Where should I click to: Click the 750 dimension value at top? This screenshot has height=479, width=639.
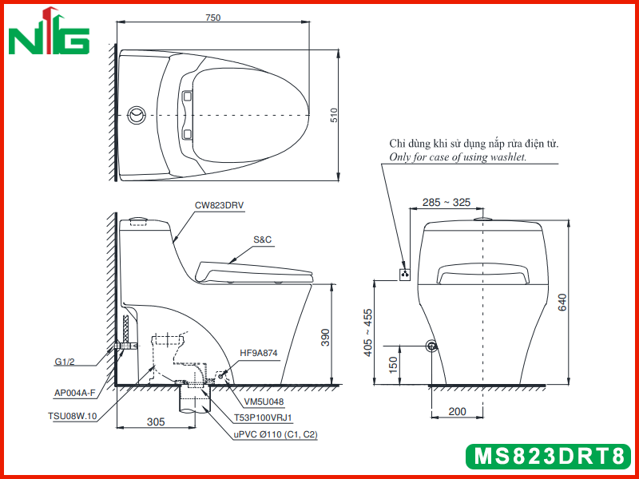[x=213, y=18]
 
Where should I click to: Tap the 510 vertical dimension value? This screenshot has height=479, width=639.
[x=334, y=115]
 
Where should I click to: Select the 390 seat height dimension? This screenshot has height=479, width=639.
[x=325, y=337]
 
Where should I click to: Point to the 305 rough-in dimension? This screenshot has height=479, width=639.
[x=156, y=422]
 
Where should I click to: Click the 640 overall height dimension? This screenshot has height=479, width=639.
[x=562, y=302]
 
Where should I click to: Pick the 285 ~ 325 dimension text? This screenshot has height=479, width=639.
[x=447, y=202]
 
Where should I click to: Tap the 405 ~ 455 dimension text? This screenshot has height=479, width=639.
[x=367, y=333]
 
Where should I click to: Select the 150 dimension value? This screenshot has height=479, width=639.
[x=392, y=365]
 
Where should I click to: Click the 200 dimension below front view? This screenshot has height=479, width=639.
[x=457, y=411]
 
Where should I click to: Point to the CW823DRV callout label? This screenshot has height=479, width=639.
[x=219, y=205]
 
